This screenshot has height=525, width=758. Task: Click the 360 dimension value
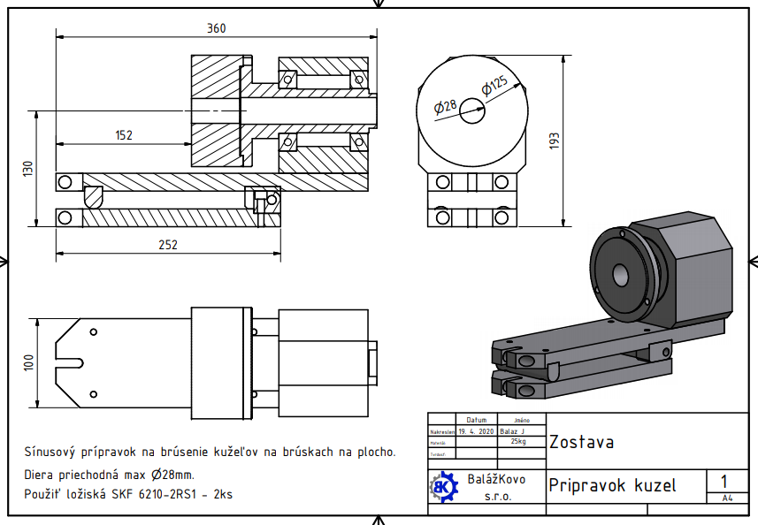(x=216, y=28)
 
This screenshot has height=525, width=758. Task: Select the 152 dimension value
(x=124, y=135)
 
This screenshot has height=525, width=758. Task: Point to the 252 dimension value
(x=168, y=245)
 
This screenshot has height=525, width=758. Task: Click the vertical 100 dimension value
(x=27, y=362)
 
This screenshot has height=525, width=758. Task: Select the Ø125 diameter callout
(x=494, y=86)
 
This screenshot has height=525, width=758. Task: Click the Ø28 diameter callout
(x=446, y=106)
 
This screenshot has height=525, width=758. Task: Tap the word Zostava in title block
(x=581, y=441)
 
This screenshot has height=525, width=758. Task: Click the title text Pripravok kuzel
(x=612, y=485)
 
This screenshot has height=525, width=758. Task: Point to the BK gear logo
(x=440, y=488)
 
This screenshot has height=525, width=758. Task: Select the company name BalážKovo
(x=496, y=479)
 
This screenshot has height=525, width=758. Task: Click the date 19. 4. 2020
(x=477, y=432)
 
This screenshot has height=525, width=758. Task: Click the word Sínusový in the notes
(x=51, y=452)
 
